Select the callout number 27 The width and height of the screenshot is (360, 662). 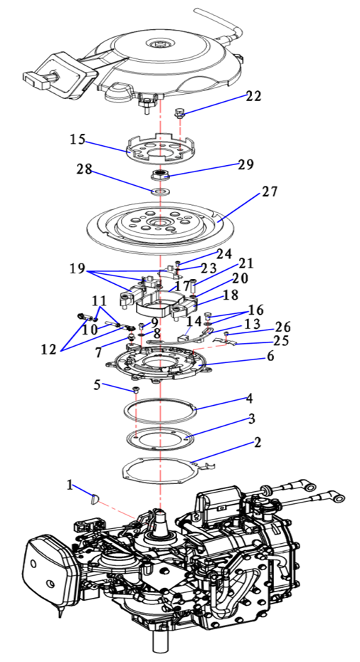(x=270, y=191)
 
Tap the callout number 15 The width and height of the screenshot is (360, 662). (x=78, y=140)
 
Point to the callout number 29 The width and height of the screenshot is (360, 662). (x=245, y=164)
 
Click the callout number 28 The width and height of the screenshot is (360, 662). (x=84, y=169)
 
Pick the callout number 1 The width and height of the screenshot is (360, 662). (x=70, y=485)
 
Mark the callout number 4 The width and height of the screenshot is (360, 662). (x=250, y=398)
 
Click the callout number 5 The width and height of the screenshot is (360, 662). (x=97, y=385)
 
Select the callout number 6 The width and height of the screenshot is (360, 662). (x=270, y=356)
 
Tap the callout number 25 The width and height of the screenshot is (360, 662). (x=281, y=340)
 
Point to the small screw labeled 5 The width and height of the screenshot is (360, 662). (x=136, y=389)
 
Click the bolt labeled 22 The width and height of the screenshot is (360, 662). (x=179, y=112)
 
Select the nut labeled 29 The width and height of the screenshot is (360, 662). (x=160, y=173)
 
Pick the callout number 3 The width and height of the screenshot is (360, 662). (x=252, y=419)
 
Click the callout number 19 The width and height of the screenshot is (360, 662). (x=78, y=268)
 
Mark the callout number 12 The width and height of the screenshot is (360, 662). (x=49, y=350)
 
